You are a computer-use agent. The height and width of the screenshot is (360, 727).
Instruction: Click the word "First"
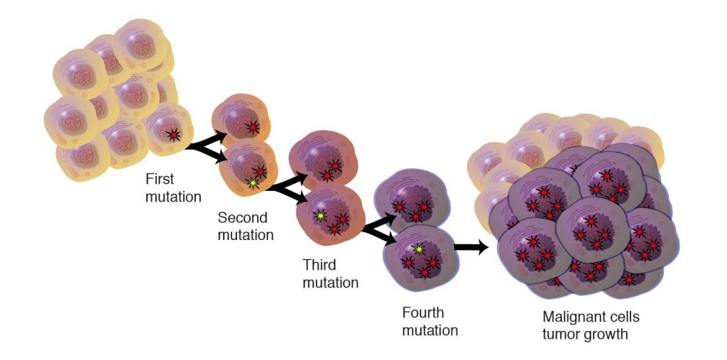(160, 179)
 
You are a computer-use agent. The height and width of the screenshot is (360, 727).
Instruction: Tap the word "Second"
(243, 217)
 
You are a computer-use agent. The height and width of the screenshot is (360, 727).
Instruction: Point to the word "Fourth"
(422, 312)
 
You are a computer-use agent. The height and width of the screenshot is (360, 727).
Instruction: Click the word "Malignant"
(572, 317)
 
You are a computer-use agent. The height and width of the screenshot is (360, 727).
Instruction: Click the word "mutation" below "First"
(173, 196)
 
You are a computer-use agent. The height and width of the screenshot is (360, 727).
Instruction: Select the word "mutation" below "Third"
(331, 283)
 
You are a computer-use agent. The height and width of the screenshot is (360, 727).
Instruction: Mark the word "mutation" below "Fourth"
(430, 330)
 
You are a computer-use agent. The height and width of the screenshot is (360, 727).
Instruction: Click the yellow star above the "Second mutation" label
(253, 183)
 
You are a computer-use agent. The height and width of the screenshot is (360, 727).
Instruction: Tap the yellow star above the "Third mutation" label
(319, 216)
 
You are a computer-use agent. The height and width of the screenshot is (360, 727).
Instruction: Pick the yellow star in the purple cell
(419, 250)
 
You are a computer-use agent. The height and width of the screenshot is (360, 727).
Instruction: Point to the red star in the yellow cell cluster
(174, 135)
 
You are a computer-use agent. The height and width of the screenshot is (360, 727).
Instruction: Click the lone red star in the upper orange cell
(252, 127)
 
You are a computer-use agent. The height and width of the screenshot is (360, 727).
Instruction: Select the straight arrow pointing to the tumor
(471, 248)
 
